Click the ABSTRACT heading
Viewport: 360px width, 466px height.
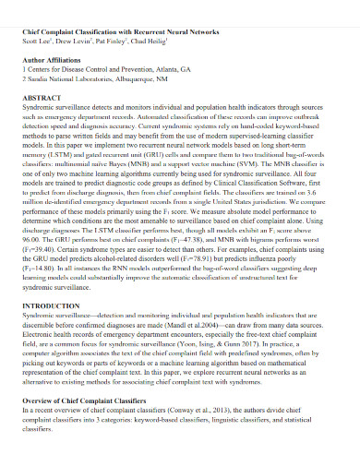[x=42, y=96]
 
